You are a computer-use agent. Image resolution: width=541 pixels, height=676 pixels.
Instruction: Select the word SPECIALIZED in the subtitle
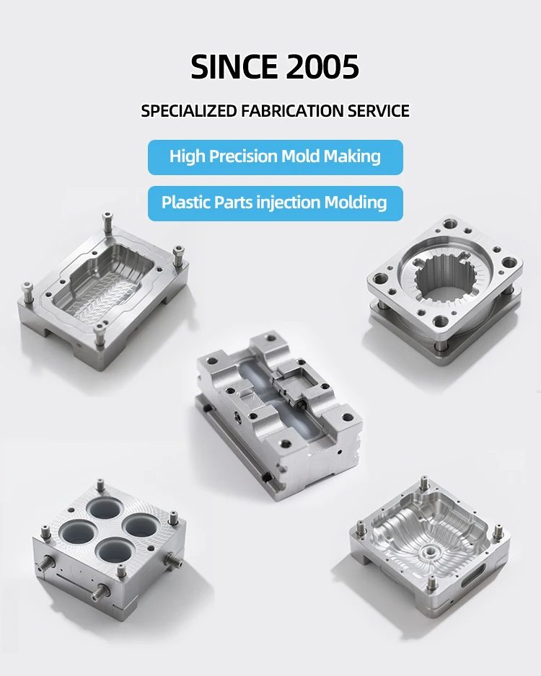pos(189,111)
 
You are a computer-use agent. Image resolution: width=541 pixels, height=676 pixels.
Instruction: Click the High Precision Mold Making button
pos(275,156)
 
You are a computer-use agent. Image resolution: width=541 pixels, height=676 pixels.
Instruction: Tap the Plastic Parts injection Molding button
pos(275,203)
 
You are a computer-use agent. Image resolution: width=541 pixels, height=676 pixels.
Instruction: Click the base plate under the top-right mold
pos(440,339)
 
